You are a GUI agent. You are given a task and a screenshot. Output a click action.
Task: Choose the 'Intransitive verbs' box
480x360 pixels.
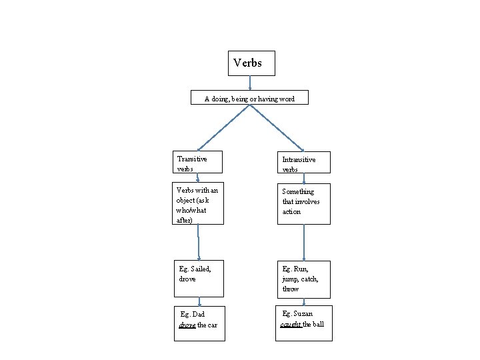click(304, 165)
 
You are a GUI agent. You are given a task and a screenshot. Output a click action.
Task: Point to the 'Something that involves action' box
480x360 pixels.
click(304, 203)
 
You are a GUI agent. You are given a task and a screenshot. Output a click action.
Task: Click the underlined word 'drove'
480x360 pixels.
click(187, 325)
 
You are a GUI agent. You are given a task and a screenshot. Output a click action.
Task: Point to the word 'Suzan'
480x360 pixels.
click(302, 313)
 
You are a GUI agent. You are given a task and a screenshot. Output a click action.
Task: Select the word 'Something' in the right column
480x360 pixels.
click(298, 192)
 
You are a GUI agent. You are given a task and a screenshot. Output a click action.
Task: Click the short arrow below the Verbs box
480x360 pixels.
click(250, 82)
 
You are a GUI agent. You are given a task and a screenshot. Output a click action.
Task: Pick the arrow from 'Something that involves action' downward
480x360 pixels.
click(304, 241)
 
